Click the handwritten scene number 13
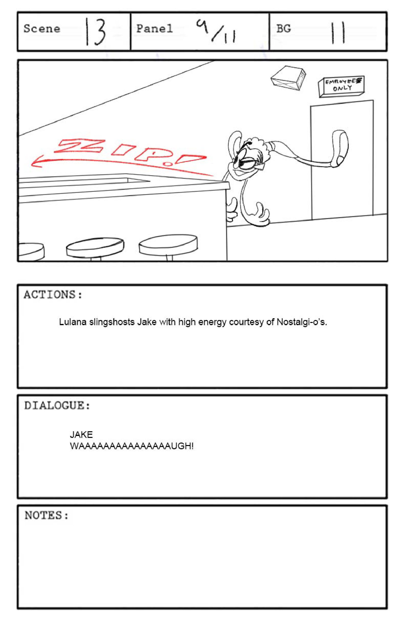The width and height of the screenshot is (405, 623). click(x=96, y=32)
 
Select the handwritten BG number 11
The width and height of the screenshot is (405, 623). click(x=338, y=33)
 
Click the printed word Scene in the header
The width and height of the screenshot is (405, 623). click(x=42, y=29)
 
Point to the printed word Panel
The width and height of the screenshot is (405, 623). click(x=154, y=29)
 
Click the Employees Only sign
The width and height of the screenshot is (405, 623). click(x=341, y=87)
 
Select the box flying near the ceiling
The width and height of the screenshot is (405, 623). click(x=288, y=78)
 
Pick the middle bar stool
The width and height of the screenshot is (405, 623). click(x=95, y=247)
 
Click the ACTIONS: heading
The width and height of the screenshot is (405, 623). click(x=53, y=295)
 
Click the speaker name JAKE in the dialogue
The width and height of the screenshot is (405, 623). click(x=81, y=434)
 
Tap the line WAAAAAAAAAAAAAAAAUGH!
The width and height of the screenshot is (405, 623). click(x=132, y=446)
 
